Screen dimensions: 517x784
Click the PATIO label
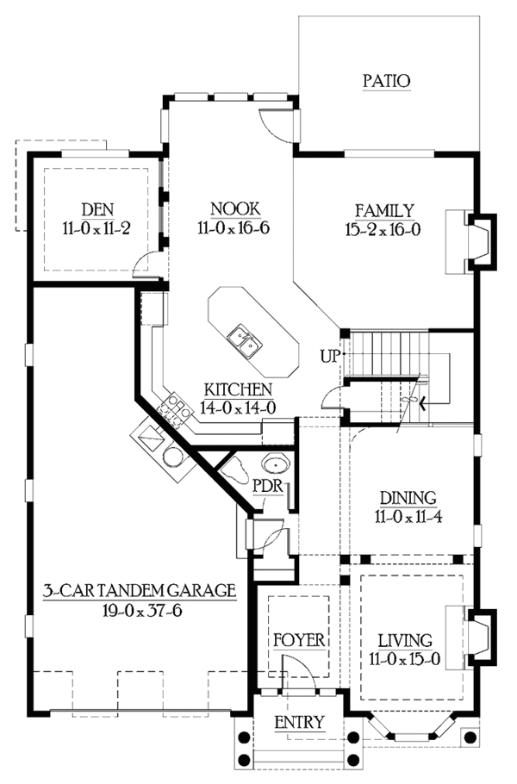tap(387, 80)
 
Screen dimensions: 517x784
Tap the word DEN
tap(97, 209)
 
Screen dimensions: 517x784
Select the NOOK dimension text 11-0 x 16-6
tap(234, 228)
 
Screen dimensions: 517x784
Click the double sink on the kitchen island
tap(245, 340)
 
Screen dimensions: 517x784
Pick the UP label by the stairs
tap(330, 357)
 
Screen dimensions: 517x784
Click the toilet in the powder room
tap(234, 470)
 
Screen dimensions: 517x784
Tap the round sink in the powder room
tap(275, 464)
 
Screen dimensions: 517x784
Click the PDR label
tap(268, 486)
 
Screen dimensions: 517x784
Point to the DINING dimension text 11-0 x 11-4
tap(408, 517)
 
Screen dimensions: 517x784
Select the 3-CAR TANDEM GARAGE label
tap(139, 590)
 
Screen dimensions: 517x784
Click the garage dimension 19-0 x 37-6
tap(142, 611)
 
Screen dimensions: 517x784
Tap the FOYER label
tap(299, 640)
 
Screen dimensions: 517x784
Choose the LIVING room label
tap(405, 640)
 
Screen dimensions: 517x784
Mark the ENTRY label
tap(300, 723)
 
